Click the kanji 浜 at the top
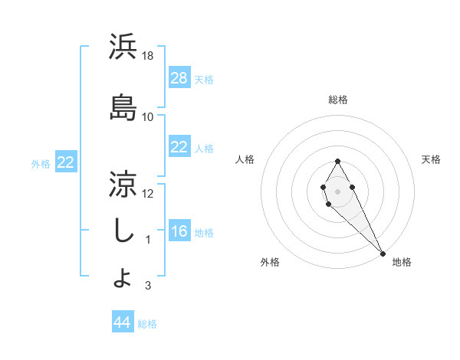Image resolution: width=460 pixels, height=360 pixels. [123, 47]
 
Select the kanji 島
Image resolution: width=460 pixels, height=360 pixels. [123, 108]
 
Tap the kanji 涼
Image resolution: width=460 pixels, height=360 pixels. [123, 184]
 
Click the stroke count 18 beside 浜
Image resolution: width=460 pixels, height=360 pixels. [149, 56]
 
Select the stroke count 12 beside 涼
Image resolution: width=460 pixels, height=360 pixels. [149, 193]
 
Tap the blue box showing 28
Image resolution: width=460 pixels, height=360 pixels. [179, 77]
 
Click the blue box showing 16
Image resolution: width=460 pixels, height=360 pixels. [179, 231]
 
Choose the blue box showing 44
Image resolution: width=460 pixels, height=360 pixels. [123, 322]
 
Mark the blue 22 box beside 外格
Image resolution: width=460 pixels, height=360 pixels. [66, 162]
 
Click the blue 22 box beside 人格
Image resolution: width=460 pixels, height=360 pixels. [179, 147]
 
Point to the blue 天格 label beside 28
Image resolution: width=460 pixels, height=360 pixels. [204, 79]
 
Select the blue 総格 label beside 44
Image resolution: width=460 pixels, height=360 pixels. [147, 324]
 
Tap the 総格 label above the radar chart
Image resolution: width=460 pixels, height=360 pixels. [338, 100]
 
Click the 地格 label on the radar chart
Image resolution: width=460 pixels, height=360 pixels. [402, 262]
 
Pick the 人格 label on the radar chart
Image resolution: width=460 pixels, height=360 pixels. [245, 159]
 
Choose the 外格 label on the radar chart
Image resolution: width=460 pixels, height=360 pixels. [270, 262]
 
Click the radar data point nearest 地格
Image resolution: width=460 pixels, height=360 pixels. [383, 254]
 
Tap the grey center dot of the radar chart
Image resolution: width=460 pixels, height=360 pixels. [337, 190]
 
